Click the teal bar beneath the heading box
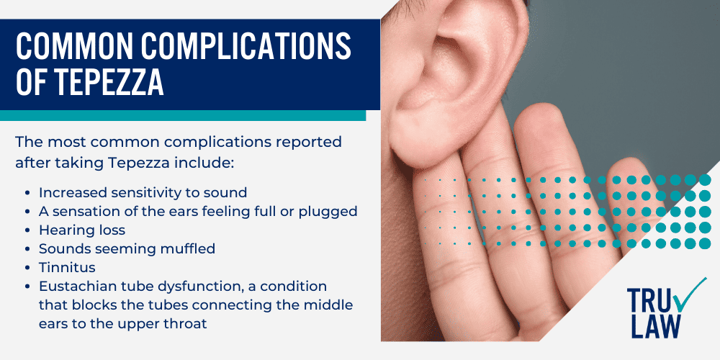pos(183,115)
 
